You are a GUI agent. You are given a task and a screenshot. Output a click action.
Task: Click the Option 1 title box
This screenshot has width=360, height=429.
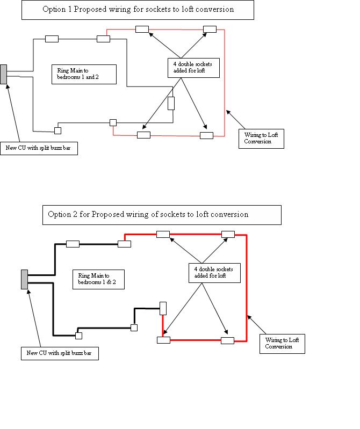[138, 10]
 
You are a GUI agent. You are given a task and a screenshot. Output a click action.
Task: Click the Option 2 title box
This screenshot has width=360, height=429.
[162, 214]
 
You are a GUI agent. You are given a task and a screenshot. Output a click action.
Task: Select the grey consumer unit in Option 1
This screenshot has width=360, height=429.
[4, 74]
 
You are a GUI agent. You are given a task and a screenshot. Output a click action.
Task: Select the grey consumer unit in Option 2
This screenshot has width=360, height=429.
[24, 279]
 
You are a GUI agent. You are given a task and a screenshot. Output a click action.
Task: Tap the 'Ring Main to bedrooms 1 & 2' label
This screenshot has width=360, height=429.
[98, 279]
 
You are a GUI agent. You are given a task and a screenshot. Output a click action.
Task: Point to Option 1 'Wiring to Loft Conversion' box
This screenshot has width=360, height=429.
[261, 139]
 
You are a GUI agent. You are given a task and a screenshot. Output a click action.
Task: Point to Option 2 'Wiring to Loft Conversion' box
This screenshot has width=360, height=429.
[282, 343]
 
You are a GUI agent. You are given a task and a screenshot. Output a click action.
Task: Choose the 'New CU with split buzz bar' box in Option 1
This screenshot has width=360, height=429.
[38, 150]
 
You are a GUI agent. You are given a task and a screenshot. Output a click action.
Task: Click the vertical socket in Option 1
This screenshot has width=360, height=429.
[171, 103]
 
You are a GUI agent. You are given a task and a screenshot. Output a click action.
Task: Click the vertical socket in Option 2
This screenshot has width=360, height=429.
[163, 309]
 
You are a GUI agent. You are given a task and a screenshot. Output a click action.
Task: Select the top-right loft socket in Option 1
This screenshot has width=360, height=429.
[209, 30]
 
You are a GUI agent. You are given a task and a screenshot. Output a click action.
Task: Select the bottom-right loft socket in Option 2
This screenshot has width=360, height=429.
[227, 340]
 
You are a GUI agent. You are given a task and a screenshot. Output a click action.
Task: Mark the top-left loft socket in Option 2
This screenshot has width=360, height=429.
[163, 234]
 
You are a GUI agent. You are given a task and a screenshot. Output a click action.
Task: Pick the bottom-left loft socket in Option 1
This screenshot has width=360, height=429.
[143, 135]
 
